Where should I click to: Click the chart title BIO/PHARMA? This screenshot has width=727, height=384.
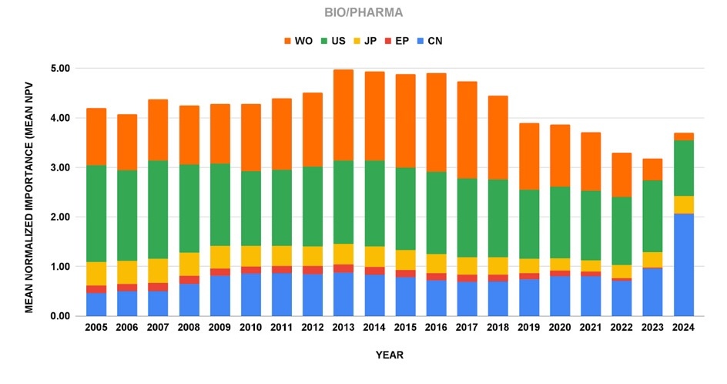(363, 13)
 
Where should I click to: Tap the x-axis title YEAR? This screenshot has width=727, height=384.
(390, 355)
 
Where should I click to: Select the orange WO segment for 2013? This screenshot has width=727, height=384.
(343, 115)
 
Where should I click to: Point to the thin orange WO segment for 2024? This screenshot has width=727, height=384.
(683, 136)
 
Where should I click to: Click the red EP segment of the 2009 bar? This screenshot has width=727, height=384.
(220, 272)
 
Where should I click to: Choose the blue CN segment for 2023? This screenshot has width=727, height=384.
(652, 292)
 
